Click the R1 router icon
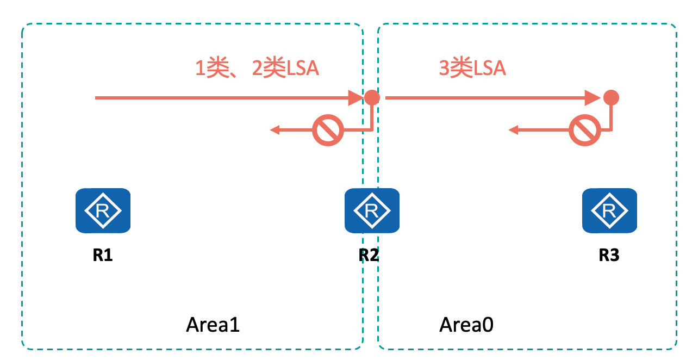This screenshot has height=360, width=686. point(103,211)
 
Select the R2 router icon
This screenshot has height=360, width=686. point(372,210)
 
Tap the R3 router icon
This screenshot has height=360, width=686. point(609,210)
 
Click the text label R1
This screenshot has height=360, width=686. point(102,255)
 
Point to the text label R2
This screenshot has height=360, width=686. point(369,255)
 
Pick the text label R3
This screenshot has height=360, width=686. point(609,255)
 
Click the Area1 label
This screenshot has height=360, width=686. point(213,325)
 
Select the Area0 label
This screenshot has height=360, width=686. point(466,325)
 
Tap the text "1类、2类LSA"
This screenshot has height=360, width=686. point(257,69)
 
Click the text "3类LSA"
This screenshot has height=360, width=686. point(472,69)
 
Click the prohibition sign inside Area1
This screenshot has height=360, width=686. point(328,131)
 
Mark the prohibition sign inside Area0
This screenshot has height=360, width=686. point(584,131)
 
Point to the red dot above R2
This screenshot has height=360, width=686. point(372,97)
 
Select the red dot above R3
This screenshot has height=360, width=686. point(611,98)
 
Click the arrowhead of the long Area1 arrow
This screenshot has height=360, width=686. point(356,98)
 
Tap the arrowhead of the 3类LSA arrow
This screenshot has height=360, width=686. point(594,98)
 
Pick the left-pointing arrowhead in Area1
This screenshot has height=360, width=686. point(275,130)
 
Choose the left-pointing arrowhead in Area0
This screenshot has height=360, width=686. point(513,130)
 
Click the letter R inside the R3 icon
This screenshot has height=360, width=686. point(609,210)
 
